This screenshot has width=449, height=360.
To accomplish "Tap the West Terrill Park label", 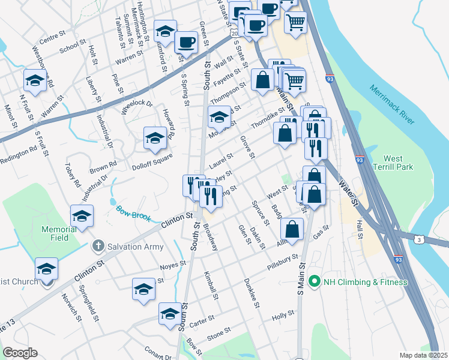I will coord(393,164).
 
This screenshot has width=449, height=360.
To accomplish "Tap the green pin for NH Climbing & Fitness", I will coord(313,281).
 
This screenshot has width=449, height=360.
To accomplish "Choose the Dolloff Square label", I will coord(152,158).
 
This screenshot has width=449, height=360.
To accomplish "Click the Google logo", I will coord(20,353).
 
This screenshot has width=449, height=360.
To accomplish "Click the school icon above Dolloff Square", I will coord(155,139).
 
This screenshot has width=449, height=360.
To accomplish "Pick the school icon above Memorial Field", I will coord(82,217).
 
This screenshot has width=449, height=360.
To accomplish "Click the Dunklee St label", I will coord(251,293).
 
